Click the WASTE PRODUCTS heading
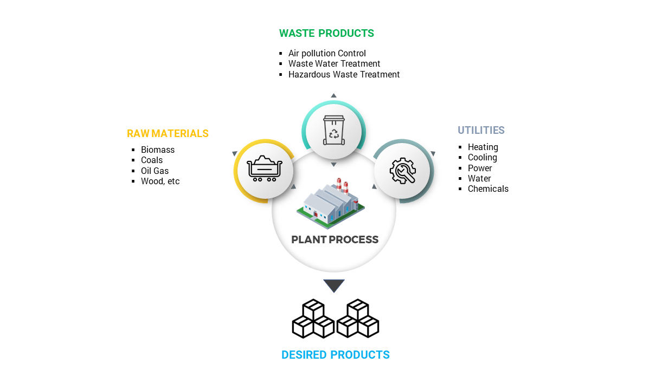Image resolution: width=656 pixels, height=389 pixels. click(326, 34)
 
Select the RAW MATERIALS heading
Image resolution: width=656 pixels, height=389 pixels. click(168, 133)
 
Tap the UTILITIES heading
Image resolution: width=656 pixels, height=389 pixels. click(481, 130)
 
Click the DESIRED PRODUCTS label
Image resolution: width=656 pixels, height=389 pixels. click(336, 355)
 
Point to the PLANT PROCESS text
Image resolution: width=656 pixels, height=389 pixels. click(335, 239)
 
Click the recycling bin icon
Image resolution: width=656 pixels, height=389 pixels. click(334, 130)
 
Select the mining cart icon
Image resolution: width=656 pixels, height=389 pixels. click(265, 168)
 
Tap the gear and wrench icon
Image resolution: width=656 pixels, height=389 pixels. click(403, 171)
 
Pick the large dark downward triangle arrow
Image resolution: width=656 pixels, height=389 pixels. click(334, 286)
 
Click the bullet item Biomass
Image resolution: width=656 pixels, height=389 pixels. click(158, 150)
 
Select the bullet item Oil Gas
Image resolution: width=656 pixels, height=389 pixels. click(155, 171)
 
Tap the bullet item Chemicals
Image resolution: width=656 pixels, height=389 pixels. click(488, 189)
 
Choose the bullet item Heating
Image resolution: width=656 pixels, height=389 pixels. click(483, 147)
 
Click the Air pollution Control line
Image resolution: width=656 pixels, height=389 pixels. click(327, 53)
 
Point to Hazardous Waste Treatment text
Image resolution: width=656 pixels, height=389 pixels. click(344, 75)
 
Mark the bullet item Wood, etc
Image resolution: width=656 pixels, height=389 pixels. click(160, 181)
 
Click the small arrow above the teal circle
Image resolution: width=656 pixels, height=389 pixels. click(333, 95)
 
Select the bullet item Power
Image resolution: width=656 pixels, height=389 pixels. click(480, 168)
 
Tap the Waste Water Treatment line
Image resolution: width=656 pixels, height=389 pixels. click(334, 64)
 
